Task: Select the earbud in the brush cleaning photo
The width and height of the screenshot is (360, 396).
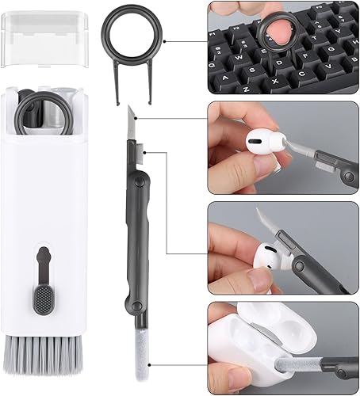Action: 266,257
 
